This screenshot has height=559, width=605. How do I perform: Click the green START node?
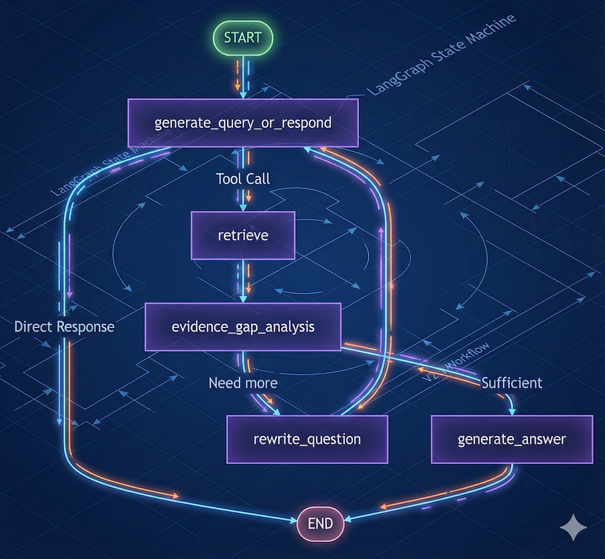pos(243,37)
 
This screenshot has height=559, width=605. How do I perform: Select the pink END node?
pos(320,522)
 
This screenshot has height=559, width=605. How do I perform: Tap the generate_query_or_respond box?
pos(243,123)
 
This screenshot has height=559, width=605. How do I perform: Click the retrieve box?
pos(243,235)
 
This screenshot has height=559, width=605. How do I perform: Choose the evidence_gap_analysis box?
pos(243,327)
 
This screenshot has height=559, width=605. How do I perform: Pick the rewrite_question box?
pos(307,439)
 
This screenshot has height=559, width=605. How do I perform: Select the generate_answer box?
pos(512,439)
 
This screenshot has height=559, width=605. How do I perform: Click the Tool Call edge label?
pos(243,179)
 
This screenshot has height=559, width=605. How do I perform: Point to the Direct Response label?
pos(64,327)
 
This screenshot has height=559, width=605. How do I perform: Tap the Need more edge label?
pos(243,382)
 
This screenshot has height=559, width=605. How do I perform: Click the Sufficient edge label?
pos(512,382)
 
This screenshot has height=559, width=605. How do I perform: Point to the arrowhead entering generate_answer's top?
pos(512,410)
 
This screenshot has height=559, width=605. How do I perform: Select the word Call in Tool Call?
pos(258,179)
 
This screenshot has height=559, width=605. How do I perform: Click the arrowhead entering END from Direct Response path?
pos(294,520)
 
